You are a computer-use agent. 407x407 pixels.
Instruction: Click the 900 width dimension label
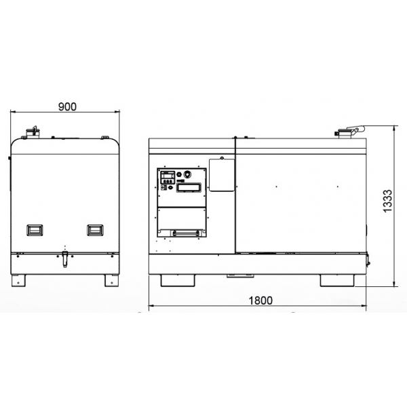point(67,106)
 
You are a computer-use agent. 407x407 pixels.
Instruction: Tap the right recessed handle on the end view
point(94,230)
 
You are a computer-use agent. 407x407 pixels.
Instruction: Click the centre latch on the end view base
point(65,258)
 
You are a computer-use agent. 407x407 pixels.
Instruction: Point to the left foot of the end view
point(21,279)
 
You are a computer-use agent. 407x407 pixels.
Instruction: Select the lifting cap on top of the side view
point(349,132)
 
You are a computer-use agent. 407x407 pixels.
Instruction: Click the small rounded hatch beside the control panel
point(221,174)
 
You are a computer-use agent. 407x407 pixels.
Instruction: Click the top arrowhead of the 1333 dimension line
point(395,127)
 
